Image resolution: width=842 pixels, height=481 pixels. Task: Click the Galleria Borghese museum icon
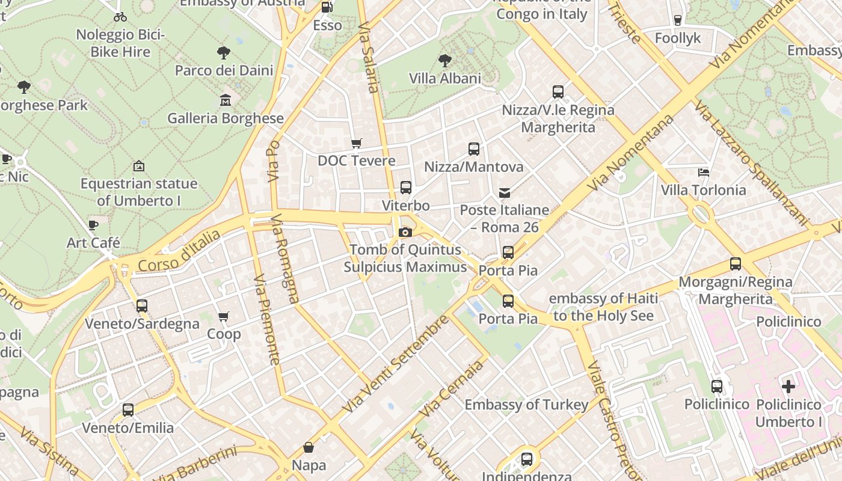tap(226, 100)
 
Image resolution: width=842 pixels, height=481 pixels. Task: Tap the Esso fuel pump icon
tap(327, 7)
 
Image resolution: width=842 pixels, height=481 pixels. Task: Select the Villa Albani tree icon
tap(445, 60)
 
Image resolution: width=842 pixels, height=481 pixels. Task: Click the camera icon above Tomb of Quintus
tap(405, 232)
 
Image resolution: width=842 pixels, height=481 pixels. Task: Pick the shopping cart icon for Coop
tap(224, 316)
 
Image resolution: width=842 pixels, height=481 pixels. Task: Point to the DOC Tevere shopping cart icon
tap(357, 143)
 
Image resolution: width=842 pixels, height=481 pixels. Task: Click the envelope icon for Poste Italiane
tap(505, 193)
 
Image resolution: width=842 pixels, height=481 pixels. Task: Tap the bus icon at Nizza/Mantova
tap(474, 149)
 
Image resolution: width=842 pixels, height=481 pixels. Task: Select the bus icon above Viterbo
tap(406, 188)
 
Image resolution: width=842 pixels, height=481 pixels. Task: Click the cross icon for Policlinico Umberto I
tap(788, 387)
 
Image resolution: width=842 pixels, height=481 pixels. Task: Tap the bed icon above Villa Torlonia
tap(704, 173)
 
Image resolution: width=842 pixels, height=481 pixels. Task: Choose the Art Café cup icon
tap(93, 225)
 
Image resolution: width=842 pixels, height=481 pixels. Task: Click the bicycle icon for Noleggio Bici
tap(120, 17)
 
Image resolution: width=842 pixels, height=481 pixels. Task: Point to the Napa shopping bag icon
tap(309, 447)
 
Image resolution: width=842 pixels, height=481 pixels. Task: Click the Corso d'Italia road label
tap(179, 251)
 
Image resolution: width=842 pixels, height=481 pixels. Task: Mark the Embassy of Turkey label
tap(526, 405)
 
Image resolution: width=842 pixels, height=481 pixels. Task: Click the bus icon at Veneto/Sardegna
tap(142, 306)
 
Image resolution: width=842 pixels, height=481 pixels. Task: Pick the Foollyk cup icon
tap(678, 20)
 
